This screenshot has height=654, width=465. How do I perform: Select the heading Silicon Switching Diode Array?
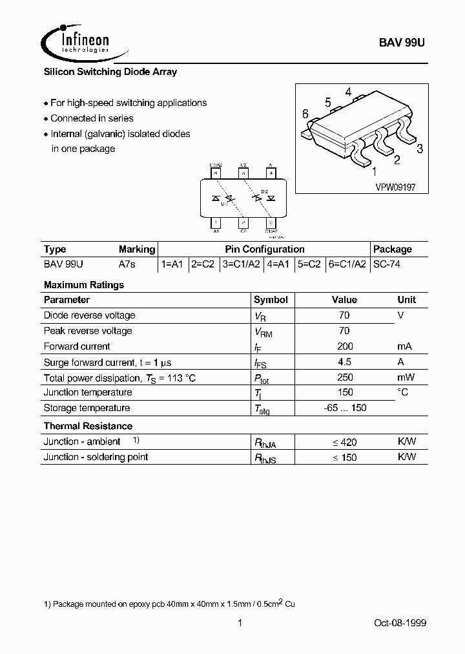(110, 72)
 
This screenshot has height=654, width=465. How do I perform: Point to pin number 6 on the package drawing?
(305, 114)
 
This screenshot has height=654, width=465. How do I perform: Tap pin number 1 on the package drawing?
(374, 171)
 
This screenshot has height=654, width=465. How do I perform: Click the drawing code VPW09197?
(395, 185)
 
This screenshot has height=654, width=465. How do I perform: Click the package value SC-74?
(387, 264)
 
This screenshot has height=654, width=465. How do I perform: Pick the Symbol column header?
(271, 300)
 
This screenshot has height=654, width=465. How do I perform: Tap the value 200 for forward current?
(344, 346)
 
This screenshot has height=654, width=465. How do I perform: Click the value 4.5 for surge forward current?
(344, 362)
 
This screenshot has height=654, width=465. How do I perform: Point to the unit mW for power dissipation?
(406, 377)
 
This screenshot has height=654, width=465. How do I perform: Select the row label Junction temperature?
(87, 392)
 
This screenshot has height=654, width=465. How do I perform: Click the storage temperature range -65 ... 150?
(344, 408)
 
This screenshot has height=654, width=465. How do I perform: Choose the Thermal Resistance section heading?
(88, 426)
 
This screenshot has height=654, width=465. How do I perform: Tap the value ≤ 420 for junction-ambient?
(344, 442)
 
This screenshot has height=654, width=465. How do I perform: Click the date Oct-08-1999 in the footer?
(400, 623)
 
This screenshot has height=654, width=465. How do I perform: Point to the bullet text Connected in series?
(92, 118)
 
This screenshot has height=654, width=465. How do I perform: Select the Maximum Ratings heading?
(84, 284)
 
